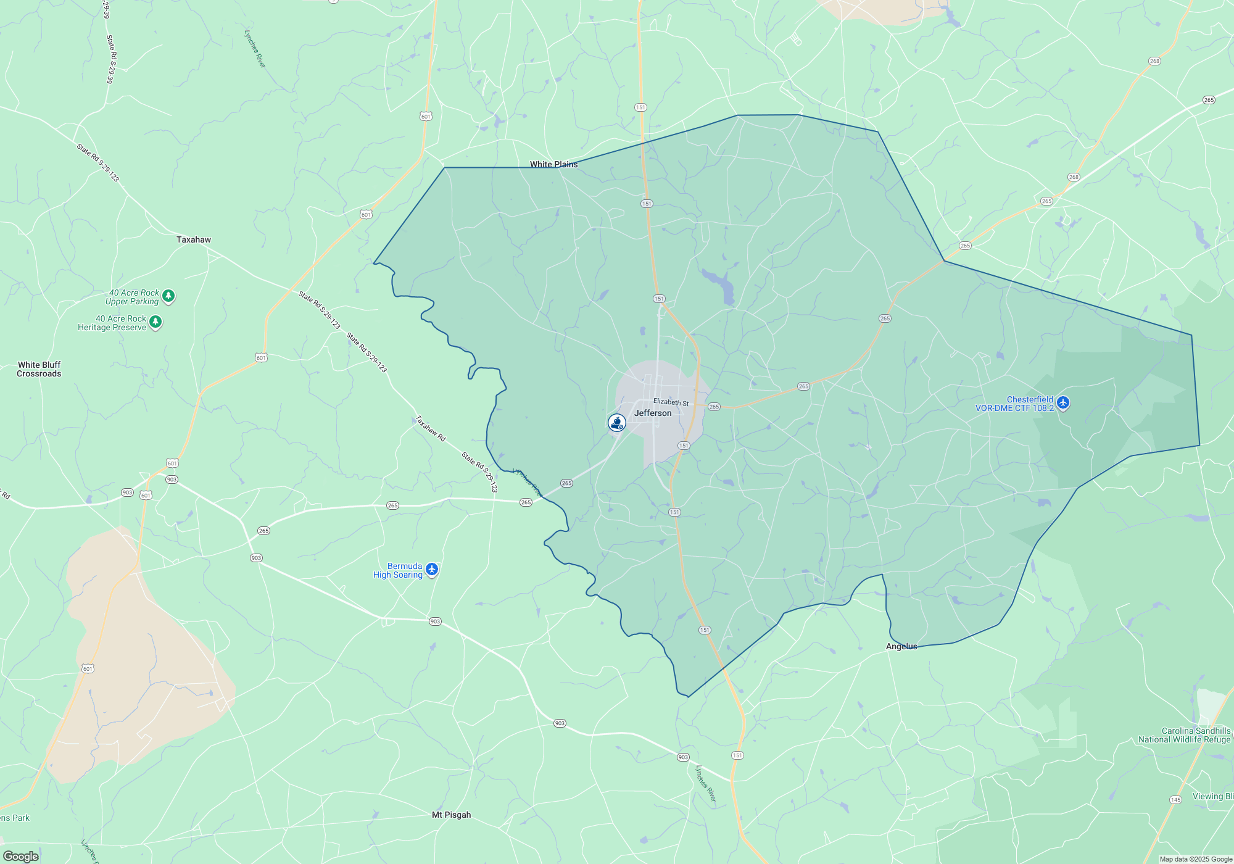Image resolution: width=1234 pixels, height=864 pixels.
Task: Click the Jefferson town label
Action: coord(653,413)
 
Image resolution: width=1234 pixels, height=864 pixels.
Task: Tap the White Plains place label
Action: coord(553,164)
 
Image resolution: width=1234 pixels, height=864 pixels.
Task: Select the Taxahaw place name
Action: coord(193,239)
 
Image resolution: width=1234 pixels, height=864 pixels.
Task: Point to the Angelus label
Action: coord(901,646)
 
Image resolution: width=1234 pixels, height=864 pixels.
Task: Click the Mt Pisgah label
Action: coord(451,815)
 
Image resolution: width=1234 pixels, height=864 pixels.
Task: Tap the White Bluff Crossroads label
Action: coord(39,369)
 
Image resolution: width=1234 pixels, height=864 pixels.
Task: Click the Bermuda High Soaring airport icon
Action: coord(432,569)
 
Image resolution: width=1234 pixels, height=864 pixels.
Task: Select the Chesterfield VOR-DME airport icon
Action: coord(1062,403)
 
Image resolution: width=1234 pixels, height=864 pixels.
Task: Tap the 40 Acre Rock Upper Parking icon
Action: coord(168,296)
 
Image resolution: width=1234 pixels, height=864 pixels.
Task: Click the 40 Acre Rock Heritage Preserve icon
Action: coord(155,322)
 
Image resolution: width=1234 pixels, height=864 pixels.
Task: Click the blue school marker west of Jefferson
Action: coord(616,422)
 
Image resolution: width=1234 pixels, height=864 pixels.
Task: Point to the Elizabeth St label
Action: coord(671,402)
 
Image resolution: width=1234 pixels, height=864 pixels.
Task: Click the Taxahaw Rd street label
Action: coord(430,428)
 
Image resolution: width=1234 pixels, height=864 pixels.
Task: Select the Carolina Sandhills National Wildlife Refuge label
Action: coord(1184,735)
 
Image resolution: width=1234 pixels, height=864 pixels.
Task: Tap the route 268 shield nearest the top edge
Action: coord(1154,61)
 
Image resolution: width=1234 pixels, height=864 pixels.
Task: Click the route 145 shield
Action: coord(1175,800)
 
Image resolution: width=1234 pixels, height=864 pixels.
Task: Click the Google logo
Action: coord(21,856)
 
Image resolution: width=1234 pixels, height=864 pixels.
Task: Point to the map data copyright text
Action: coord(1195,859)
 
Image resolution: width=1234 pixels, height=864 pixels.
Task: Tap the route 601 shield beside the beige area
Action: coord(88,668)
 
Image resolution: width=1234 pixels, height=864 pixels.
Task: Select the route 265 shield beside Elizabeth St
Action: coord(714,407)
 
